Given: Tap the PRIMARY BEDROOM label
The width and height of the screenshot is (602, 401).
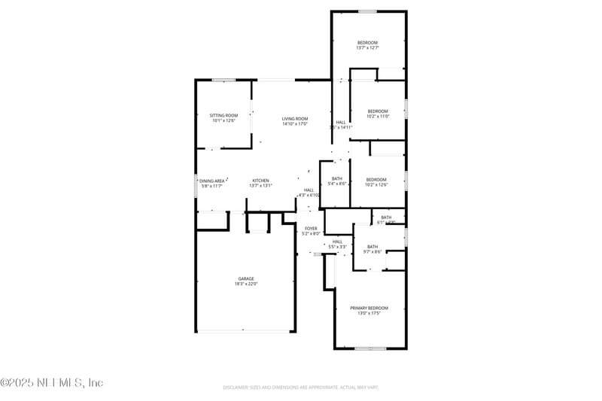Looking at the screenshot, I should coord(369,308).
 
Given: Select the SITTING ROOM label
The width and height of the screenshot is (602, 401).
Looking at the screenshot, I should coord(223,115).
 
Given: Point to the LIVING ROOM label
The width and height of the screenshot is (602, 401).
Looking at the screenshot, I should coord(295,118).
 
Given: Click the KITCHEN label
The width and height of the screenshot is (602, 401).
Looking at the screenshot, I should coord(260,181).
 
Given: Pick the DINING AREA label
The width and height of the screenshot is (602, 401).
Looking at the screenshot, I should coord(212,181).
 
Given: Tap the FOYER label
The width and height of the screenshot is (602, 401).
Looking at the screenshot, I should coord(311,228).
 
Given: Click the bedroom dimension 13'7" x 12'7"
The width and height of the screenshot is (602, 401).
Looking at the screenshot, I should coord(367,47).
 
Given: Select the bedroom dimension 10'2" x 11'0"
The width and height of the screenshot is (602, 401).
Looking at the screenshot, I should coord(377,117).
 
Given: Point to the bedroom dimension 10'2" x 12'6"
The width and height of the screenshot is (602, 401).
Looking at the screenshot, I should coord(376,184).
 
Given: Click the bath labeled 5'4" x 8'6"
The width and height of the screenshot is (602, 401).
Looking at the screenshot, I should coord(336,184).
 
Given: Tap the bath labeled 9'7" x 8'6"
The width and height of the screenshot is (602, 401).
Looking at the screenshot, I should coord(372,252).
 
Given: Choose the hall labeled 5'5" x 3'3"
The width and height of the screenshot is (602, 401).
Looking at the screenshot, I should coord(337,247).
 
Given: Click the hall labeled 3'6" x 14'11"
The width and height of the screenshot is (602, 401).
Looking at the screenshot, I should coord(341,127).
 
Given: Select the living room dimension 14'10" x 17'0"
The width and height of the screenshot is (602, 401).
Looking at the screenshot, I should coord(295,124).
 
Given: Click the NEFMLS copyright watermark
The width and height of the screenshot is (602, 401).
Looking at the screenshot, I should coord(51,383).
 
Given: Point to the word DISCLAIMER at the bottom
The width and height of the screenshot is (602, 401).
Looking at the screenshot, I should coord(237,387).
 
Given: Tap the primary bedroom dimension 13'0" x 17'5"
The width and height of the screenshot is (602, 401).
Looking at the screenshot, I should coord(369,314).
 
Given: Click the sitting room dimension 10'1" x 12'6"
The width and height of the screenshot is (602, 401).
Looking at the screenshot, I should coord(223,120).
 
